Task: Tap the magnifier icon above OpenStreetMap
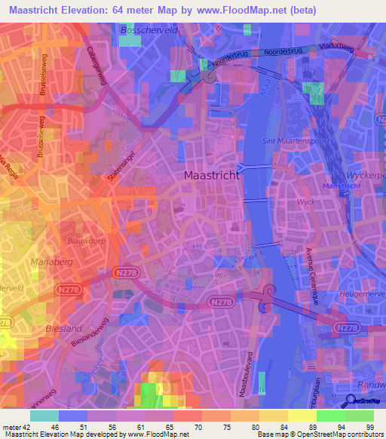click(x=352, y=401)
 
